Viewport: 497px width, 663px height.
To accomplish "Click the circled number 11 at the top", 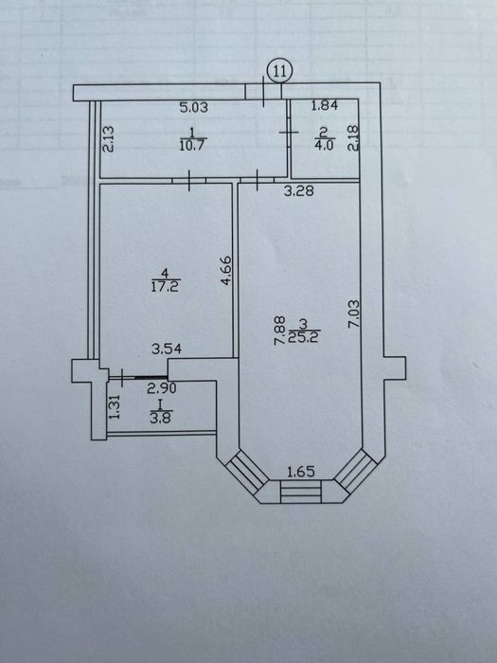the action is (x=280, y=71).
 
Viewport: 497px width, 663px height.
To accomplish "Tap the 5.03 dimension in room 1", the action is (x=194, y=107).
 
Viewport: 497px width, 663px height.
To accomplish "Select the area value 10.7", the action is (x=193, y=146).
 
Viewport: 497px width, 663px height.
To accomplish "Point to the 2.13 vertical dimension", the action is (x=109, y=139).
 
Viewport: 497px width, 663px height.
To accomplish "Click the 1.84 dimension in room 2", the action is (x=325, y=105).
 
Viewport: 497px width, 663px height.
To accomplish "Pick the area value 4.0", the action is (x=325, y=145).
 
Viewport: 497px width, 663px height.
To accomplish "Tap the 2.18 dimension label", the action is (x=353, y=138).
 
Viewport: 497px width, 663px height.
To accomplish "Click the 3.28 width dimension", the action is (x=299, y=191).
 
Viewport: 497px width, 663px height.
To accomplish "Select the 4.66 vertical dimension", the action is (x=226, y=271).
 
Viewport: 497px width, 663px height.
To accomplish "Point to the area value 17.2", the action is (x=166, y=287).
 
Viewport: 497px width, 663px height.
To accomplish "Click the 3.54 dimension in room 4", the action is (x=167, y=349).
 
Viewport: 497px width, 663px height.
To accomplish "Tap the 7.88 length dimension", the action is (x=279, y=331).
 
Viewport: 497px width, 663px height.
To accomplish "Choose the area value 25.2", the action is (x=304, y=337).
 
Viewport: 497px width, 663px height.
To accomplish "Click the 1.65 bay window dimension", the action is (x=301, y=472).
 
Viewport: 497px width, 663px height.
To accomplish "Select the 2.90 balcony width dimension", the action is (x=162, y=387).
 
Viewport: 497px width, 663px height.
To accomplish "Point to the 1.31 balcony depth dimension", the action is (x=115, y=406).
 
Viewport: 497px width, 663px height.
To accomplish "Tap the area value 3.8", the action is (x=161, y=419).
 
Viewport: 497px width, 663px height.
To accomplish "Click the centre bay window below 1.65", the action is (x=300, y=492).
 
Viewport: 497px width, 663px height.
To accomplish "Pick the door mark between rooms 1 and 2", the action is (x=289, y=133).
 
